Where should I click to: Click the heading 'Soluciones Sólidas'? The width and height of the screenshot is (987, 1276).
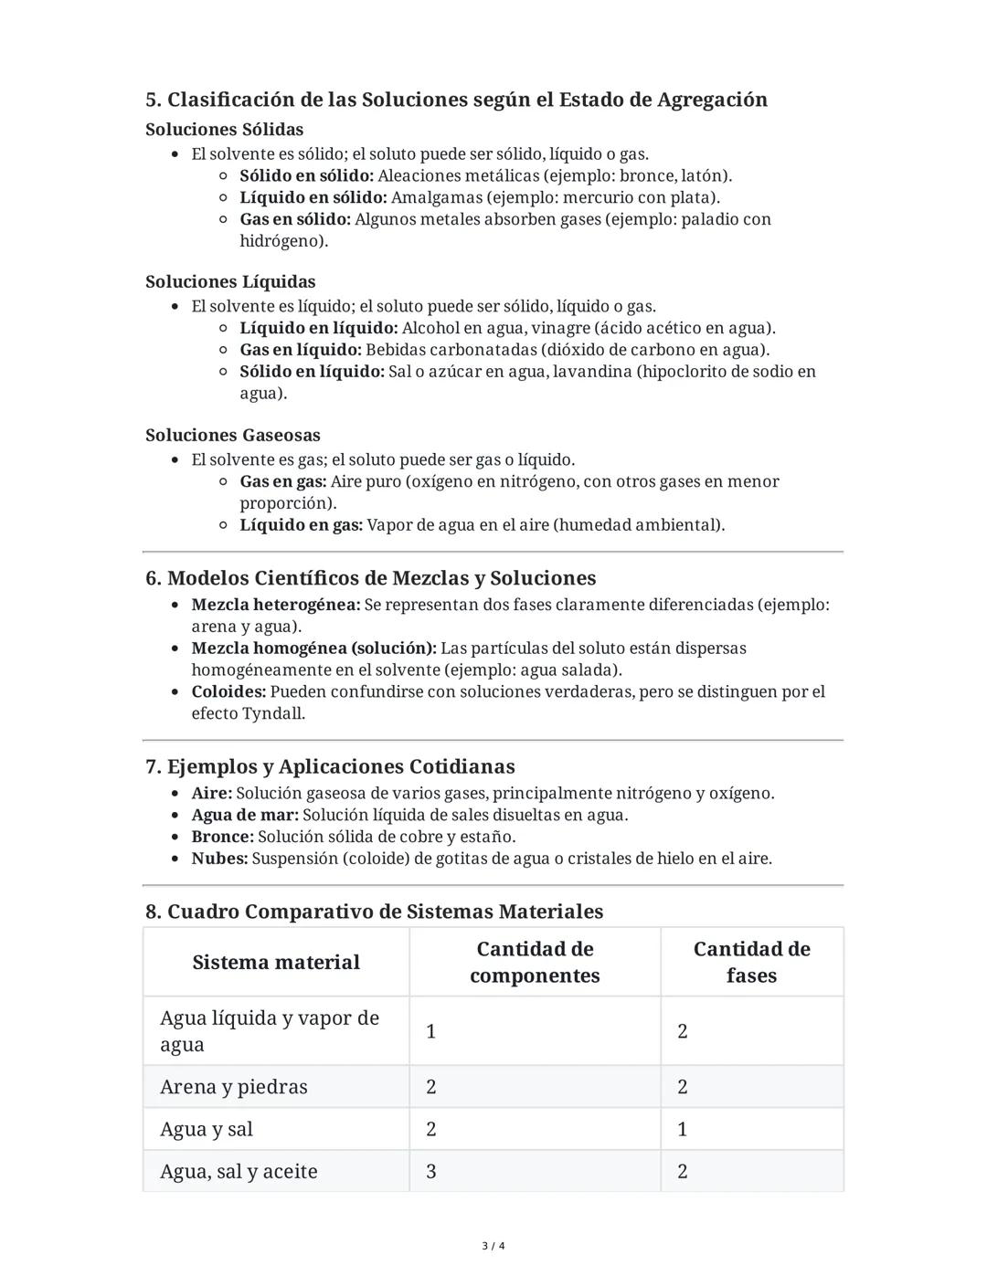pyautogui.click(x=224, y=130)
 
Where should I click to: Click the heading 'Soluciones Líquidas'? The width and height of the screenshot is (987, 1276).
pyautogui.click(x=230, y=281)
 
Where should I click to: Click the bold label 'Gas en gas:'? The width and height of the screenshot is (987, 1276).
pyautogui.click(x=282, y=481)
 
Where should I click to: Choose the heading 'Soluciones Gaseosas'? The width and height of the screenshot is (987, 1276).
pyautogui.click(x=233, y=435)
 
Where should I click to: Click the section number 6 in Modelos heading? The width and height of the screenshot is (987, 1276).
pyautogui.click(x=153, y=578)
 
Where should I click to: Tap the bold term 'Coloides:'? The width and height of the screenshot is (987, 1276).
pyautogui.click(x=228, y=691)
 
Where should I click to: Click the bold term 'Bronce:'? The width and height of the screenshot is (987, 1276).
pyautogui.click(x=222, y=837)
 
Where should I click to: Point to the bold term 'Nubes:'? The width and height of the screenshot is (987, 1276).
pyautogui.click(x=219, y=859)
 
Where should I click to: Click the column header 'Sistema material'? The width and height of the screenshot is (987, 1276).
pyautogui.click(x=276, y=962)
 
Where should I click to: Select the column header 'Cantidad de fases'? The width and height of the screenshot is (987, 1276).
pyautogui.click(x=751, y=962)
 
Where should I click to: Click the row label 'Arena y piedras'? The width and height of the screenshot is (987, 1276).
pyautogui.click(x=233, y=1087)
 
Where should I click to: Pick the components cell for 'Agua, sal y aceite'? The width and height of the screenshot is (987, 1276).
pyautogui.click(x=431, y=1171)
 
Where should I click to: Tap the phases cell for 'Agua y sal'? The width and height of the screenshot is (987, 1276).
pyautogui.click(x=682, y=1129)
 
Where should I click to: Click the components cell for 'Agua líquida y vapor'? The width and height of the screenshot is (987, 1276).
pyautogui.click(x=430, y=1031)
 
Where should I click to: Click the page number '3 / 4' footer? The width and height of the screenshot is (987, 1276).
pyautogui.click(x=493, y=1246)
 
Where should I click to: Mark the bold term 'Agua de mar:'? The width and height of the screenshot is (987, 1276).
pyautogui.click(x=245, y=815)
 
